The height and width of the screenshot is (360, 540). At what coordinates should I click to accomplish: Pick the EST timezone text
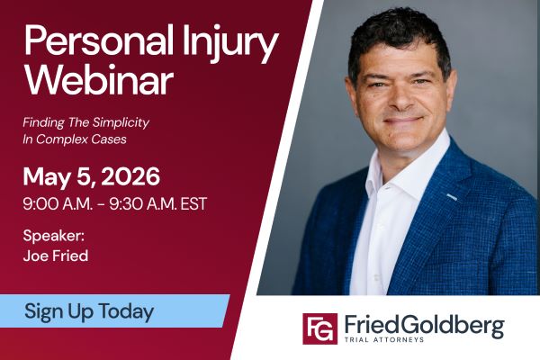point(192,203)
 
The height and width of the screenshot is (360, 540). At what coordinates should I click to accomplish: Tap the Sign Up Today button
point(90,311)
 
